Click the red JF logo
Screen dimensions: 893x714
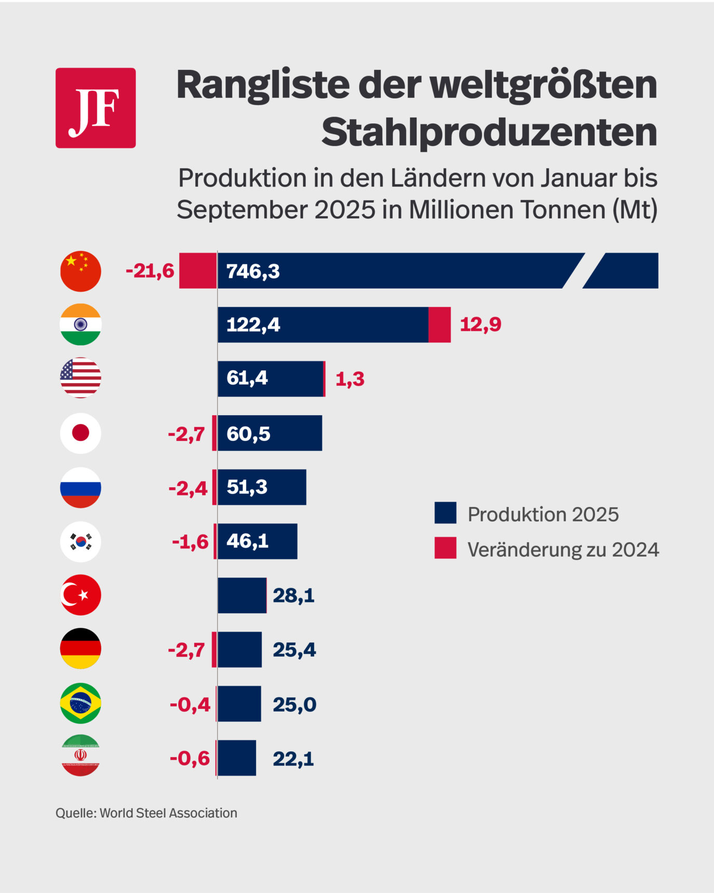tap(95, 108)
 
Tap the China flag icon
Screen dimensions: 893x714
tap(80, 271)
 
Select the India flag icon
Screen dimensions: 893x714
tap(80, 324)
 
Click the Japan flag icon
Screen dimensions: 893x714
tap(80, 433)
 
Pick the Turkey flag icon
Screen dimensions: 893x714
tap(80, 595)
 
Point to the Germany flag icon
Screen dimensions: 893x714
tap(80, 649)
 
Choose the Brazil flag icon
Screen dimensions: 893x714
tap(80, 703)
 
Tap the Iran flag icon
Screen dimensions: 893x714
tap(80, 756)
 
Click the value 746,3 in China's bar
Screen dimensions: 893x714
tap(253, 271)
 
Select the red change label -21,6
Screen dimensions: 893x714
tap(150, 271)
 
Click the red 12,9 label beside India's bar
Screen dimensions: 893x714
tap(480, 324)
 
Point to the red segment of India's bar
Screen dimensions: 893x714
tap(439, 324)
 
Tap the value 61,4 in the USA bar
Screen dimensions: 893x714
tap(247, 378)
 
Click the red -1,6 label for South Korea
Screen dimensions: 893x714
tap(190, 542)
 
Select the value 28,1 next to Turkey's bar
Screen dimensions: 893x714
tap(293, 596)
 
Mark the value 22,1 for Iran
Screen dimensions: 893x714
tap(293, 759)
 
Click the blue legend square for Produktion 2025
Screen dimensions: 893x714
tap(445, 513)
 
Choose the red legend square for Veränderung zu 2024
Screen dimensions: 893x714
tap(445, 548)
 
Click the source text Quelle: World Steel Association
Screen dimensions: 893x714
tap(146, 813)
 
